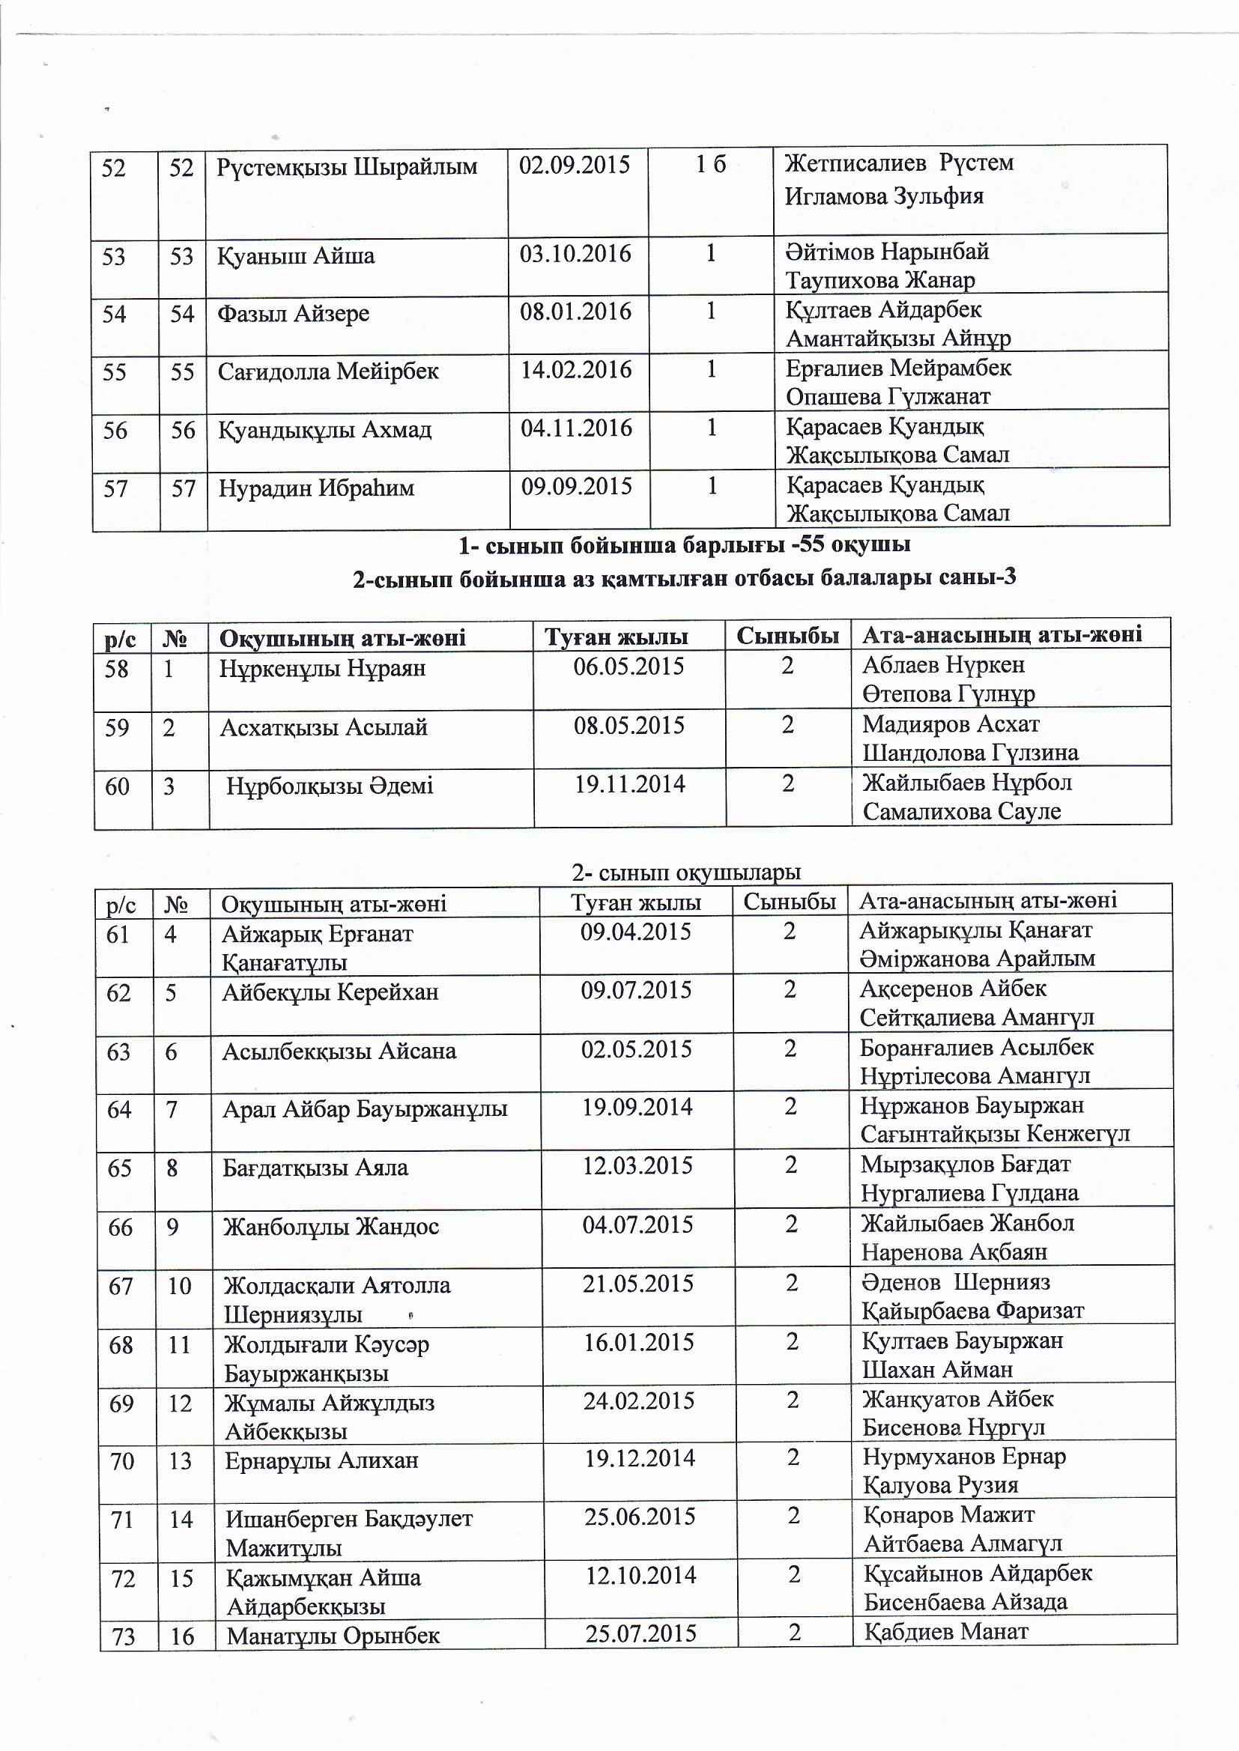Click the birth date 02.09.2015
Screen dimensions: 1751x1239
pyautogui.click(x=575, y=166)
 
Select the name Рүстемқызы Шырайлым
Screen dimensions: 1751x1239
pyautogui.click(x=347, y=166)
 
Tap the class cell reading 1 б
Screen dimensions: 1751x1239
pyautogui.click(x=710, y=165)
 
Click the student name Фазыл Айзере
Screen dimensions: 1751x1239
pyautogui.click(x=294, y=314)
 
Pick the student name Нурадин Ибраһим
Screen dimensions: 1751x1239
pyautogui.click(x=316, y=488)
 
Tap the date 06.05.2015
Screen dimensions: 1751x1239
pyautogui.click(x=628, y=667)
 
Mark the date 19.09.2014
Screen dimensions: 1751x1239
pyautogui.click(x=637, y=1107)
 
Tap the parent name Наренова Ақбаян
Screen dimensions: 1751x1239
pyautogui.click(x=954, y=1252)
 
